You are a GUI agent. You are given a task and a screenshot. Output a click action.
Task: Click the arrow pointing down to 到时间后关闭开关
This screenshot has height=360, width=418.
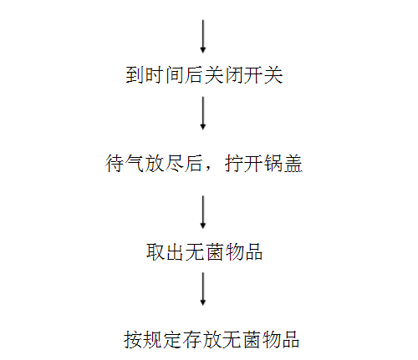coord(203,36)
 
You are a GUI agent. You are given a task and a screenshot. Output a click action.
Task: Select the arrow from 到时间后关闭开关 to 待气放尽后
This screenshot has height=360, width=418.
coord(203,113)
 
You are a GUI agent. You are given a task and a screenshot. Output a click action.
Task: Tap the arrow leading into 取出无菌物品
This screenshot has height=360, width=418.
coord(203,212)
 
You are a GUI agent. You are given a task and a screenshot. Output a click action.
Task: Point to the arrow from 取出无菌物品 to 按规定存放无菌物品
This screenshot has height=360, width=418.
coord(203,289)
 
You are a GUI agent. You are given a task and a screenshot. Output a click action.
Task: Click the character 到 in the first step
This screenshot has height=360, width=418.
coord(135,75)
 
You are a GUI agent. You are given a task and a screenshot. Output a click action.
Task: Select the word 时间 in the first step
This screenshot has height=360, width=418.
coord(165,75)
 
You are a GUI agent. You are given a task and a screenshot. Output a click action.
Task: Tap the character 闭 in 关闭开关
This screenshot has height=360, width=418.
coord(234,75)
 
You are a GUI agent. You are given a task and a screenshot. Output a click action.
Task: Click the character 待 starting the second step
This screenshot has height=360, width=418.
coord(115,163)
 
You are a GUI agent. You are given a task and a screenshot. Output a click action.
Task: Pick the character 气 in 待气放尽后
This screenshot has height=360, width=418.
coord(135,163)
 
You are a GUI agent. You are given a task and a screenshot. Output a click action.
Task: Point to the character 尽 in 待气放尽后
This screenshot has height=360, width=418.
coord(174,163)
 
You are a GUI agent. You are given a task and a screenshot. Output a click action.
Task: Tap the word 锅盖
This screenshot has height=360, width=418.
coord(283,163)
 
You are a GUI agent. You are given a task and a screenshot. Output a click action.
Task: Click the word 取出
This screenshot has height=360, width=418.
coord(165,252)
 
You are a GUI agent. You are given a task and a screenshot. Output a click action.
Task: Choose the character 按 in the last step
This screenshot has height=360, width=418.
coord(133,339)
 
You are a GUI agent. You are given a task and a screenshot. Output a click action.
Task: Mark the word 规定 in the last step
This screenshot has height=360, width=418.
coord(163,339)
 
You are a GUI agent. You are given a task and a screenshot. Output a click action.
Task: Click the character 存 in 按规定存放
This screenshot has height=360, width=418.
coord(192,339)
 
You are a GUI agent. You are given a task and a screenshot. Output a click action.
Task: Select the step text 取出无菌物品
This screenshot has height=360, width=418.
coord(204,252)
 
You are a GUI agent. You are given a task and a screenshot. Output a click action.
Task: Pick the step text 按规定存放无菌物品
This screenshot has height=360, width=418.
coord(212,339)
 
